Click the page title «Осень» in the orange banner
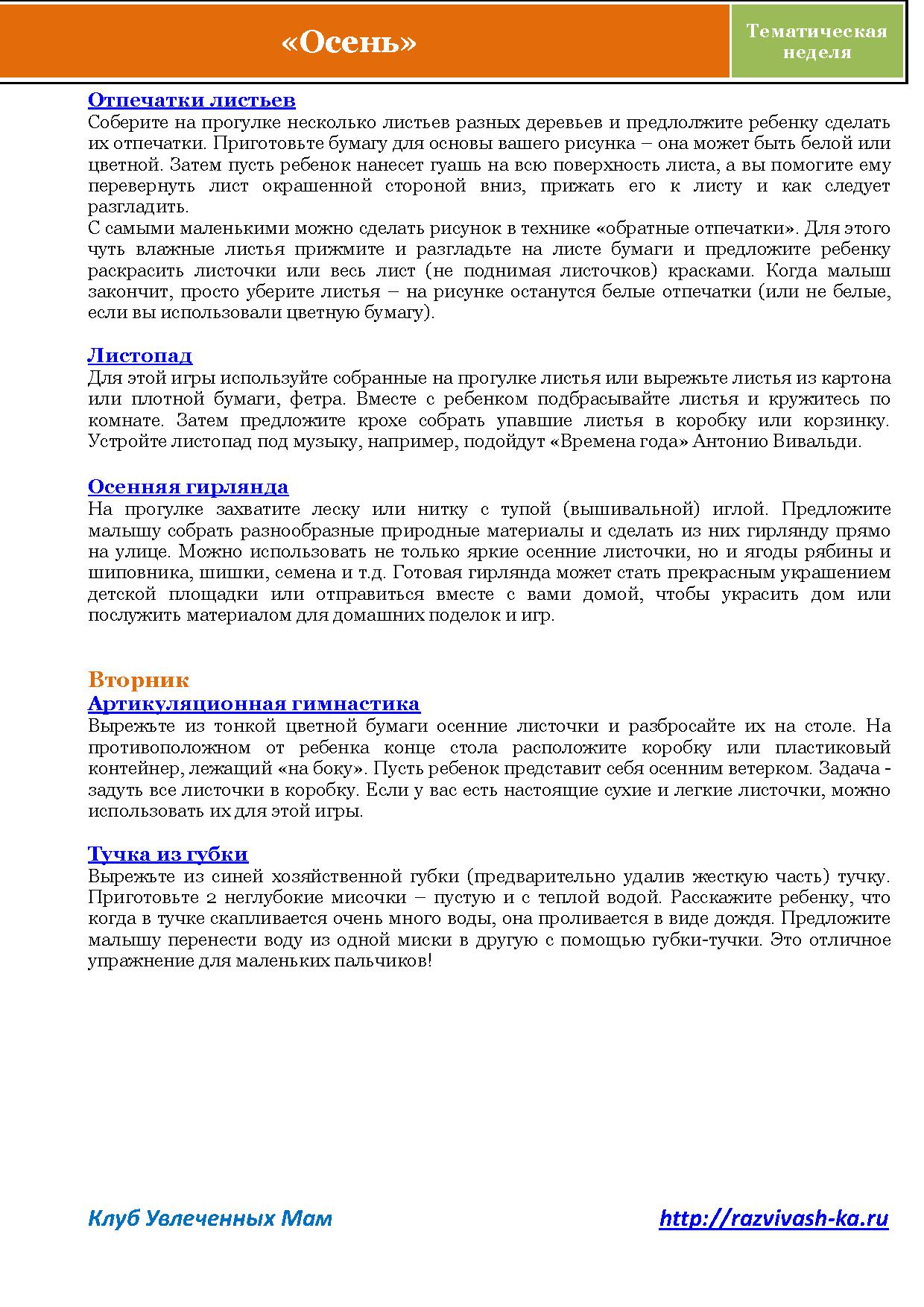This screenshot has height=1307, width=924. pos(349,42)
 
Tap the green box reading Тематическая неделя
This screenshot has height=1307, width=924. pos(817,42)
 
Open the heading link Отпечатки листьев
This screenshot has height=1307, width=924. pos(192,100)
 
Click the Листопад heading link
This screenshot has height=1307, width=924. pos(140,355)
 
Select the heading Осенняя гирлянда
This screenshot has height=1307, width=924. pos(188,487)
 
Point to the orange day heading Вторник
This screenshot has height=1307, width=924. pos(139,680)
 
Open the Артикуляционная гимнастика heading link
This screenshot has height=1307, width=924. pos(253,703)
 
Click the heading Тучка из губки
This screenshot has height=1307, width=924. pos(168,854)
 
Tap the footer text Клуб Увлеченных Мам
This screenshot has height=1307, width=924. pos(210,1218)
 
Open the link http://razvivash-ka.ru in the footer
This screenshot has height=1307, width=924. pos(773,1218)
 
